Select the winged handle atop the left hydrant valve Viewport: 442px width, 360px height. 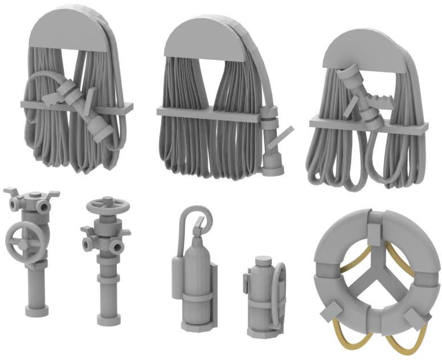click(32, 194)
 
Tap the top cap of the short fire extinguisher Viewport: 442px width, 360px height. click(262, 262)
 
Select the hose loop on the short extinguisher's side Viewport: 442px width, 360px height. click(279, 296)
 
